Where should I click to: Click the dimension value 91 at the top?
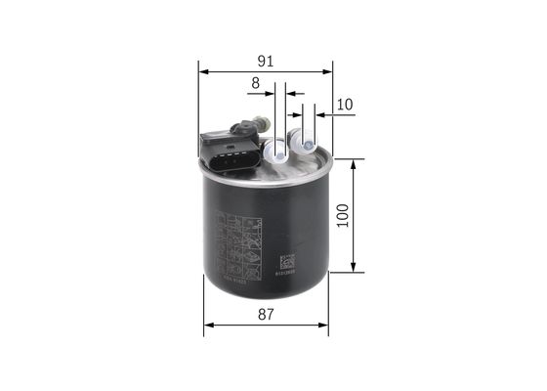click(265, 61)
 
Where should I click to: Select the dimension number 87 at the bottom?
click(265, 315)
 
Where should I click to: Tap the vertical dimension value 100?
click(342, 215)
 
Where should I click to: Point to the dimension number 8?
click(255, 84)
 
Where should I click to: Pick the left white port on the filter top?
click(277, 150)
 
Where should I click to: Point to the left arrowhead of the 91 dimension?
click(203, 71)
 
